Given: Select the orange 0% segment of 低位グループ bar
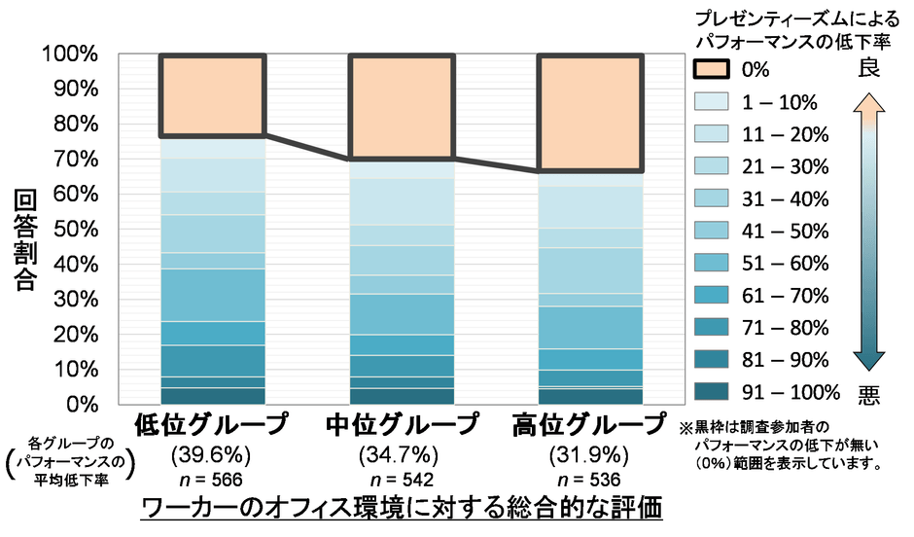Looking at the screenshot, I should point(212,95).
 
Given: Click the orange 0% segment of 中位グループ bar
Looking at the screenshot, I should point(401,107).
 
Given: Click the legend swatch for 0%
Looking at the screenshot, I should point(715,70).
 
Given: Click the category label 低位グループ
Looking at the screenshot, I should point(211,426).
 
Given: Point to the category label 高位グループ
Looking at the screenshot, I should point(589,426).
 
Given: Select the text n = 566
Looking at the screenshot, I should point(211,480).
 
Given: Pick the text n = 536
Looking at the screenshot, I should point(589,480).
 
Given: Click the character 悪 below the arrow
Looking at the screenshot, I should point(868,394).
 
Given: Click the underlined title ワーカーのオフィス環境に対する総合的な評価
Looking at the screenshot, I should point(401,510).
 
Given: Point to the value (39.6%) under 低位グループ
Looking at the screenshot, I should point(211,454).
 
